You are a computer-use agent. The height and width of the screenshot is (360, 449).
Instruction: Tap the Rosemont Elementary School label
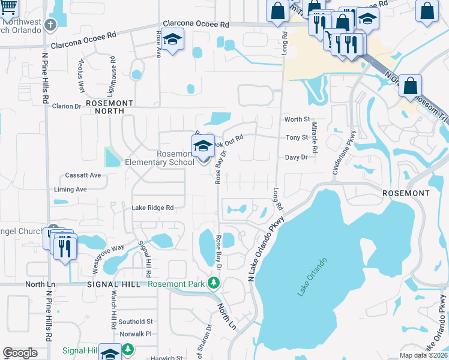[x=159, y=158]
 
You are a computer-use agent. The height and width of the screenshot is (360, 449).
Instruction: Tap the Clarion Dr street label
[x=67, y=106]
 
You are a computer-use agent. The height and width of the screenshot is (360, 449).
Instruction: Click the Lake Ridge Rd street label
[x=152, y=208]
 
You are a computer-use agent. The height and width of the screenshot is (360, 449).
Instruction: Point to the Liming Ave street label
[x=71, y=189]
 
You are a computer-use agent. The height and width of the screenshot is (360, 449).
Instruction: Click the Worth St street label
[x=297, y=120]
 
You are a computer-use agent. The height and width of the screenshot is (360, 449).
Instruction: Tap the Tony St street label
[x=297, y=137]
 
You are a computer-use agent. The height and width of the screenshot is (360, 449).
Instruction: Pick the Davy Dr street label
[x=296, y=157]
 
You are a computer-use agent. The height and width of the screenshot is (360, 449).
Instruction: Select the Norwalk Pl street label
[x=136, y=333]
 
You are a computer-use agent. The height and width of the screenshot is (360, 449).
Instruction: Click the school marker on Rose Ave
[x=173, y=40]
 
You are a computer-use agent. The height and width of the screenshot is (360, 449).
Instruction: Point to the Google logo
[x=20, y=353]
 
